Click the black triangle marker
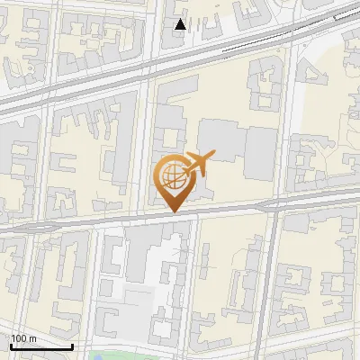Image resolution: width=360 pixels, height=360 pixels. click(x=181, y=24)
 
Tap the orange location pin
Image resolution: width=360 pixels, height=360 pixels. click(x=173, y=180)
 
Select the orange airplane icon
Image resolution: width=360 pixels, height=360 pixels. click(x=197, y=165)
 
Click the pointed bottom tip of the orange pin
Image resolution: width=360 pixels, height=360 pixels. click(x=174, y=212)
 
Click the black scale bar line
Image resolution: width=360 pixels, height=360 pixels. click(x=41, y=346)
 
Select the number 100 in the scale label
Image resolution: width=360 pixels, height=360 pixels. click(x=18, y=338)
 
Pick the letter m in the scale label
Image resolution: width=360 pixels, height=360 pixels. click(x=31, y=338)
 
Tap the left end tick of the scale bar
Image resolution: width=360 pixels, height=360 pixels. click(x=11, y=345)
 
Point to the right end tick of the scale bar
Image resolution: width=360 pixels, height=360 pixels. click(x=72, y=345)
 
